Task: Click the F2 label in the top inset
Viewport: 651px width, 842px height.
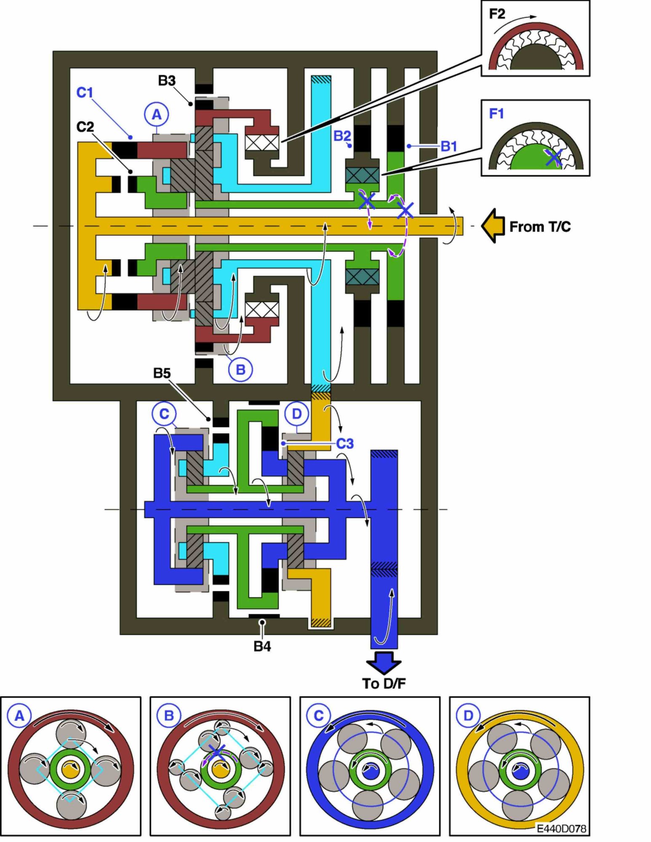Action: click(x=497, y=14)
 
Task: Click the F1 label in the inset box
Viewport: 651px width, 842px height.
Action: click(x=496, y=114)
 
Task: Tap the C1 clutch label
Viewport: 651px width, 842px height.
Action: click(x=85, y=93)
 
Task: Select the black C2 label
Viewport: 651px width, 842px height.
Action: click(x=85, y=127)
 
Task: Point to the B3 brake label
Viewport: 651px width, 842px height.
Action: click(x=167, y=80)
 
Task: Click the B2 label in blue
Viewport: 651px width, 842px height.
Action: click(x=342, y=136)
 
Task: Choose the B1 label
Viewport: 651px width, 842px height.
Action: click(x=449, y=147)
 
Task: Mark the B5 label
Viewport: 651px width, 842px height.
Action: click(x=162, y=373)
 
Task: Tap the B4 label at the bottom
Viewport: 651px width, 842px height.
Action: click(x=262, y=646)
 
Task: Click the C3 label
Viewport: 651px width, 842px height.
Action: click(x=345, y=444)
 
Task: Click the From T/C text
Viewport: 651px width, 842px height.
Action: click(x=540, y=227)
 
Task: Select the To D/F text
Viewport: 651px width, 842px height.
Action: click(x=384, y=684)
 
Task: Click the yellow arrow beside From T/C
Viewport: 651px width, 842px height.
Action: click(x=493, y=226)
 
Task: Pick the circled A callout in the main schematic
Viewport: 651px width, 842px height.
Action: click(x=156, y=114)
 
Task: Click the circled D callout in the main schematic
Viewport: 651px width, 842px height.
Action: click(x=297, y=414)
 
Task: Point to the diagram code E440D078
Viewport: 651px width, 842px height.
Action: click(x=561, y=829)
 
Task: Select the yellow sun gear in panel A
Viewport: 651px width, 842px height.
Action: click(x=70, y=770)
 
